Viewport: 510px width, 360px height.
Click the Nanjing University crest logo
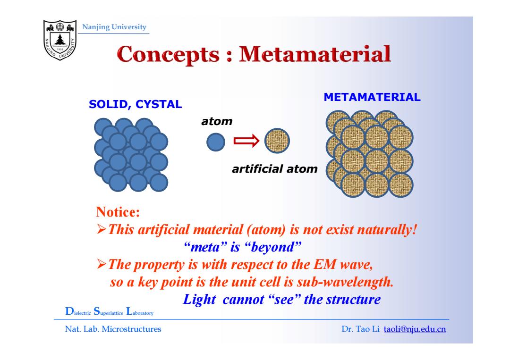click(60, 40)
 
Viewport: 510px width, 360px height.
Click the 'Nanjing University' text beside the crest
click(114, 27)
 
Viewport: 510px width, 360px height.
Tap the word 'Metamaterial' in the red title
click(315, 54)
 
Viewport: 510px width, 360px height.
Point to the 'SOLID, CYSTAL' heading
click(136, 104)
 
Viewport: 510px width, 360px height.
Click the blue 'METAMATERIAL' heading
click(372, 97)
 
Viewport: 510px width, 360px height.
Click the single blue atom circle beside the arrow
click(216, 142)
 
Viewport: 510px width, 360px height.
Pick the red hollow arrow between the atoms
click(246, 141)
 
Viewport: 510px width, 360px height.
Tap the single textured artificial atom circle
click(277, 141)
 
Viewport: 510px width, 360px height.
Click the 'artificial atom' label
click(274, 169)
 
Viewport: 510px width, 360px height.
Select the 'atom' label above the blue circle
click(217, 122)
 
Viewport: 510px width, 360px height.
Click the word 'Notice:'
click(118, 212)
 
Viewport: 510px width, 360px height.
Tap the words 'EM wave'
click(343, 265)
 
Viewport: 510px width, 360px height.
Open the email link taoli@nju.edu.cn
click(415, 329)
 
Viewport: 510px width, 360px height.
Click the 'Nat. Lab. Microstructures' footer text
click(113, 329)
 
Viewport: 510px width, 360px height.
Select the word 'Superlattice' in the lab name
click(108, 312)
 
